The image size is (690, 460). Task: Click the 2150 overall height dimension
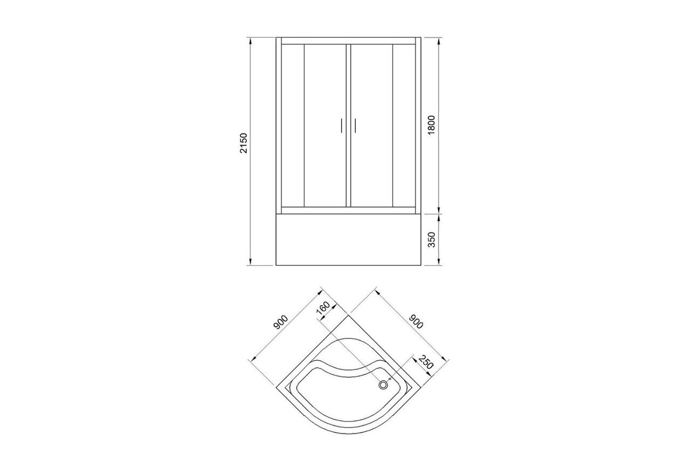pos(244,143)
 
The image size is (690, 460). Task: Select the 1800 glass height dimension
pos(431,125)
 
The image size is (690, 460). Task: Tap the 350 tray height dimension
pos(432,239)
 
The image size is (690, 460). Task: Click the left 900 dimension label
pos(281,322)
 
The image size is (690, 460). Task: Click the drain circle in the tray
pos(383,385)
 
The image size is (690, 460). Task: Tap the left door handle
pos(341,126)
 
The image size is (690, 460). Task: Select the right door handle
pos(355,126)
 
